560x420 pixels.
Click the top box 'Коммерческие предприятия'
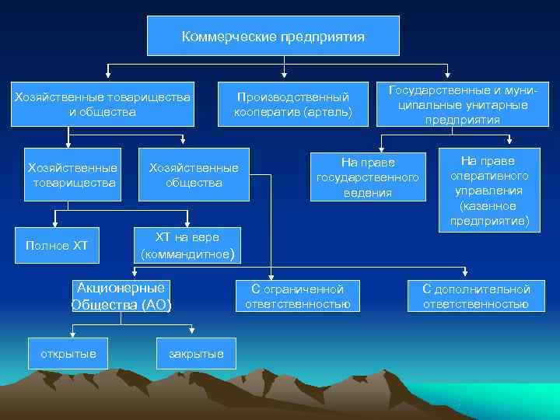(x=273, y=36)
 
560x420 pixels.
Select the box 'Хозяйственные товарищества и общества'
(x=102, y=103)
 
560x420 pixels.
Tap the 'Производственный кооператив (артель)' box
(x=293, y=103)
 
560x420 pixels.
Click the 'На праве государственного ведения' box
(x=368, y=177)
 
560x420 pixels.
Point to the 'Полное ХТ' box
(x=57, y=247)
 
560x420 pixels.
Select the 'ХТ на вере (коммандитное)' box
(x=187, y=245)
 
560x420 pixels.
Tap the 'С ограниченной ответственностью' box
(x=298, y=296)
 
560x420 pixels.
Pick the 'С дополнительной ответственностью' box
(x=476, y=296)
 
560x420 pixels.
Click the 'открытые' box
(x=68, y=354)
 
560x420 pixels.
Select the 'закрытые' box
(x=196, y=354)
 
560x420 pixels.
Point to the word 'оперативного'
(x=489, y=176)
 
